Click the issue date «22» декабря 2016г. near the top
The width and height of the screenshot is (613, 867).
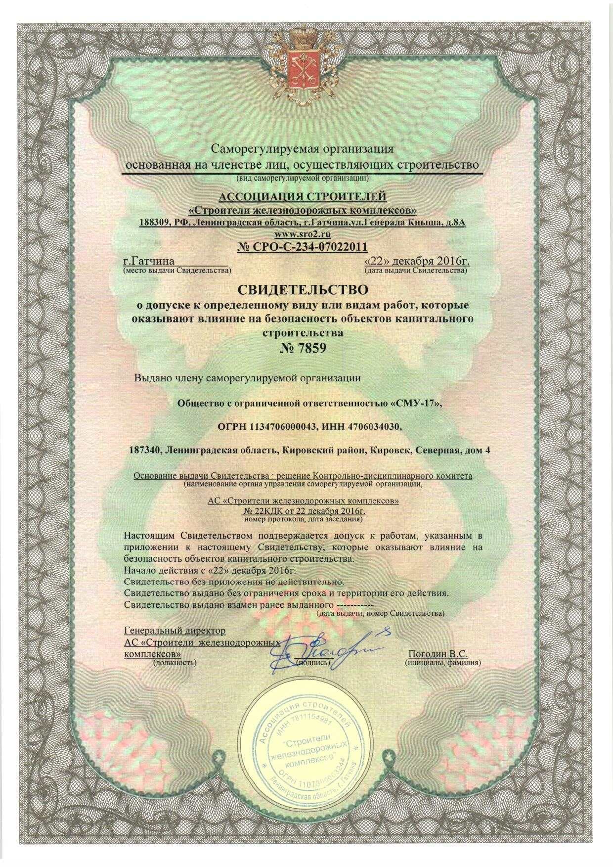[416, 261]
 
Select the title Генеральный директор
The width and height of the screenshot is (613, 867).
[175, 631]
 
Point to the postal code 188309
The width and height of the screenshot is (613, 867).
[154, 223]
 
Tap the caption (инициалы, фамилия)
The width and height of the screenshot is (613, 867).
[442, 662]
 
